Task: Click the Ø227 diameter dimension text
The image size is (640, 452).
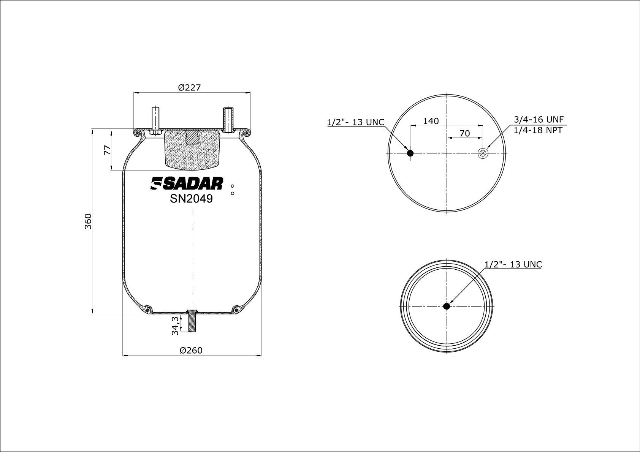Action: [189, 87]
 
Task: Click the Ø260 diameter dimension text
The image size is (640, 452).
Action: [191, 350]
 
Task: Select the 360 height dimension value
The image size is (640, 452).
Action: [88, 221]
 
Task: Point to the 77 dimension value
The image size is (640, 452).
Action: [108, 150]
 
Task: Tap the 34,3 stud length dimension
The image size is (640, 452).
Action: [175, 326]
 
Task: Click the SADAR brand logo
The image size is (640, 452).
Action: [187, 183]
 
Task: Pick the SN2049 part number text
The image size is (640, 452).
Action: [191, 199]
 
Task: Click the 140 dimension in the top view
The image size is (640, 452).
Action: [431, 121]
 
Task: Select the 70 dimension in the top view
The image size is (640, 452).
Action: [464, 133]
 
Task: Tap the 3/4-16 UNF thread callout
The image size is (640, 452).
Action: [539, 119]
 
